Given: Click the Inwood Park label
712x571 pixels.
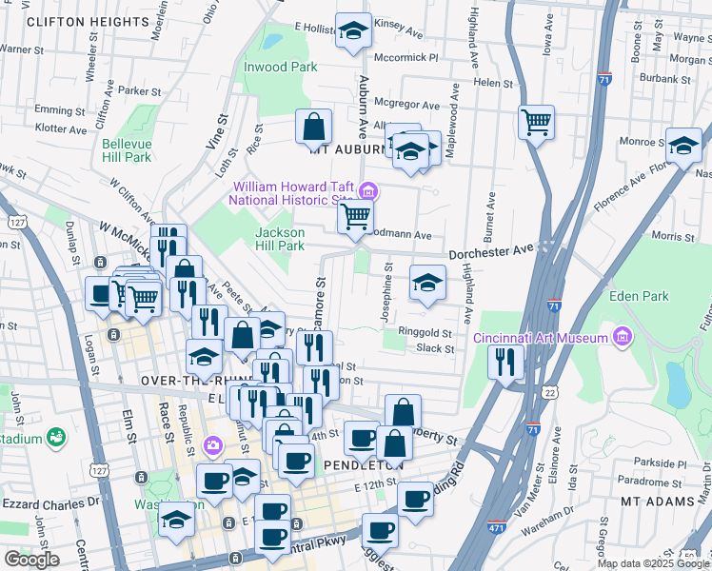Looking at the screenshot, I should pos(280,68).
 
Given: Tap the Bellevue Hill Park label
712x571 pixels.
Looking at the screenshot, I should pos(127,150).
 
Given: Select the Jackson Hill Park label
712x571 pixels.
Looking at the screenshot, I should pos(280,239).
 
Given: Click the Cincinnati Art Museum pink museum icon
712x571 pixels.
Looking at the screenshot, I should pos(623,337).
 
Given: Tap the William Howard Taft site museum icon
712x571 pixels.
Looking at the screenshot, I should pos(369,193).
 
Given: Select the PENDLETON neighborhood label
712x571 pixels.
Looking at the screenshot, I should pos(359,465).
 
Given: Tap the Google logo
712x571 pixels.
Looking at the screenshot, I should pos(31,559).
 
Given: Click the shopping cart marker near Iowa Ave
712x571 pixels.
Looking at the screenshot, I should pos(536,122).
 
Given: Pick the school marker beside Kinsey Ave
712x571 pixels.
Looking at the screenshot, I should pos(353,32).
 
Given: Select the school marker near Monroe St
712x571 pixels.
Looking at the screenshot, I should pos(683,146).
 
